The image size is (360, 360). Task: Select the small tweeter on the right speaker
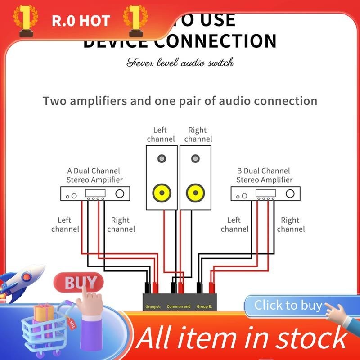(x=195, y=158)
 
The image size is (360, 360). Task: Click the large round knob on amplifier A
(x=120, y=194)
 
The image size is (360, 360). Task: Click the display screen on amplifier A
(x=95, y=193)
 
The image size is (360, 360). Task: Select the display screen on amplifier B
(x=265, y=193)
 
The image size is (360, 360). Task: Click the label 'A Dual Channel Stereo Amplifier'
(x=94, y=175)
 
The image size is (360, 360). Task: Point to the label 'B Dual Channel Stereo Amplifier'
(x=264, y=175)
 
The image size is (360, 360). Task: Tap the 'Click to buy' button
(x=288, y=306)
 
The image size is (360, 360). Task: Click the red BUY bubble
(x=79, y=283)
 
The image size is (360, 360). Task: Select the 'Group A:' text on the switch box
(x=153, y=307)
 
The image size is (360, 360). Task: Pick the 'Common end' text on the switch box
(x=179, y=307)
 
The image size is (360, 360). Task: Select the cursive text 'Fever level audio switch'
(x=180, y=63)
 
